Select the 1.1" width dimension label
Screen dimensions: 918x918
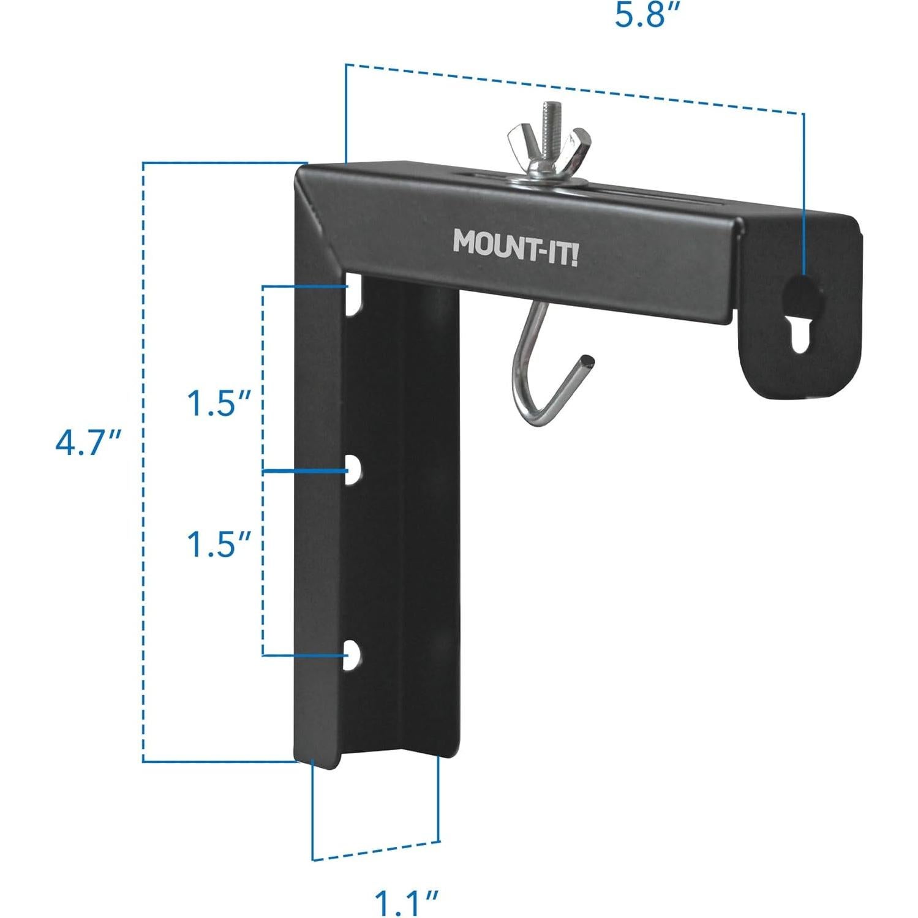(405, 901)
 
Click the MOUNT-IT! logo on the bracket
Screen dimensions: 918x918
(514, 247)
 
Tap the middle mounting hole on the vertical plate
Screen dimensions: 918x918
(353, 472)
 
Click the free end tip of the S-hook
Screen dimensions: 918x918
(587, 359)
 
